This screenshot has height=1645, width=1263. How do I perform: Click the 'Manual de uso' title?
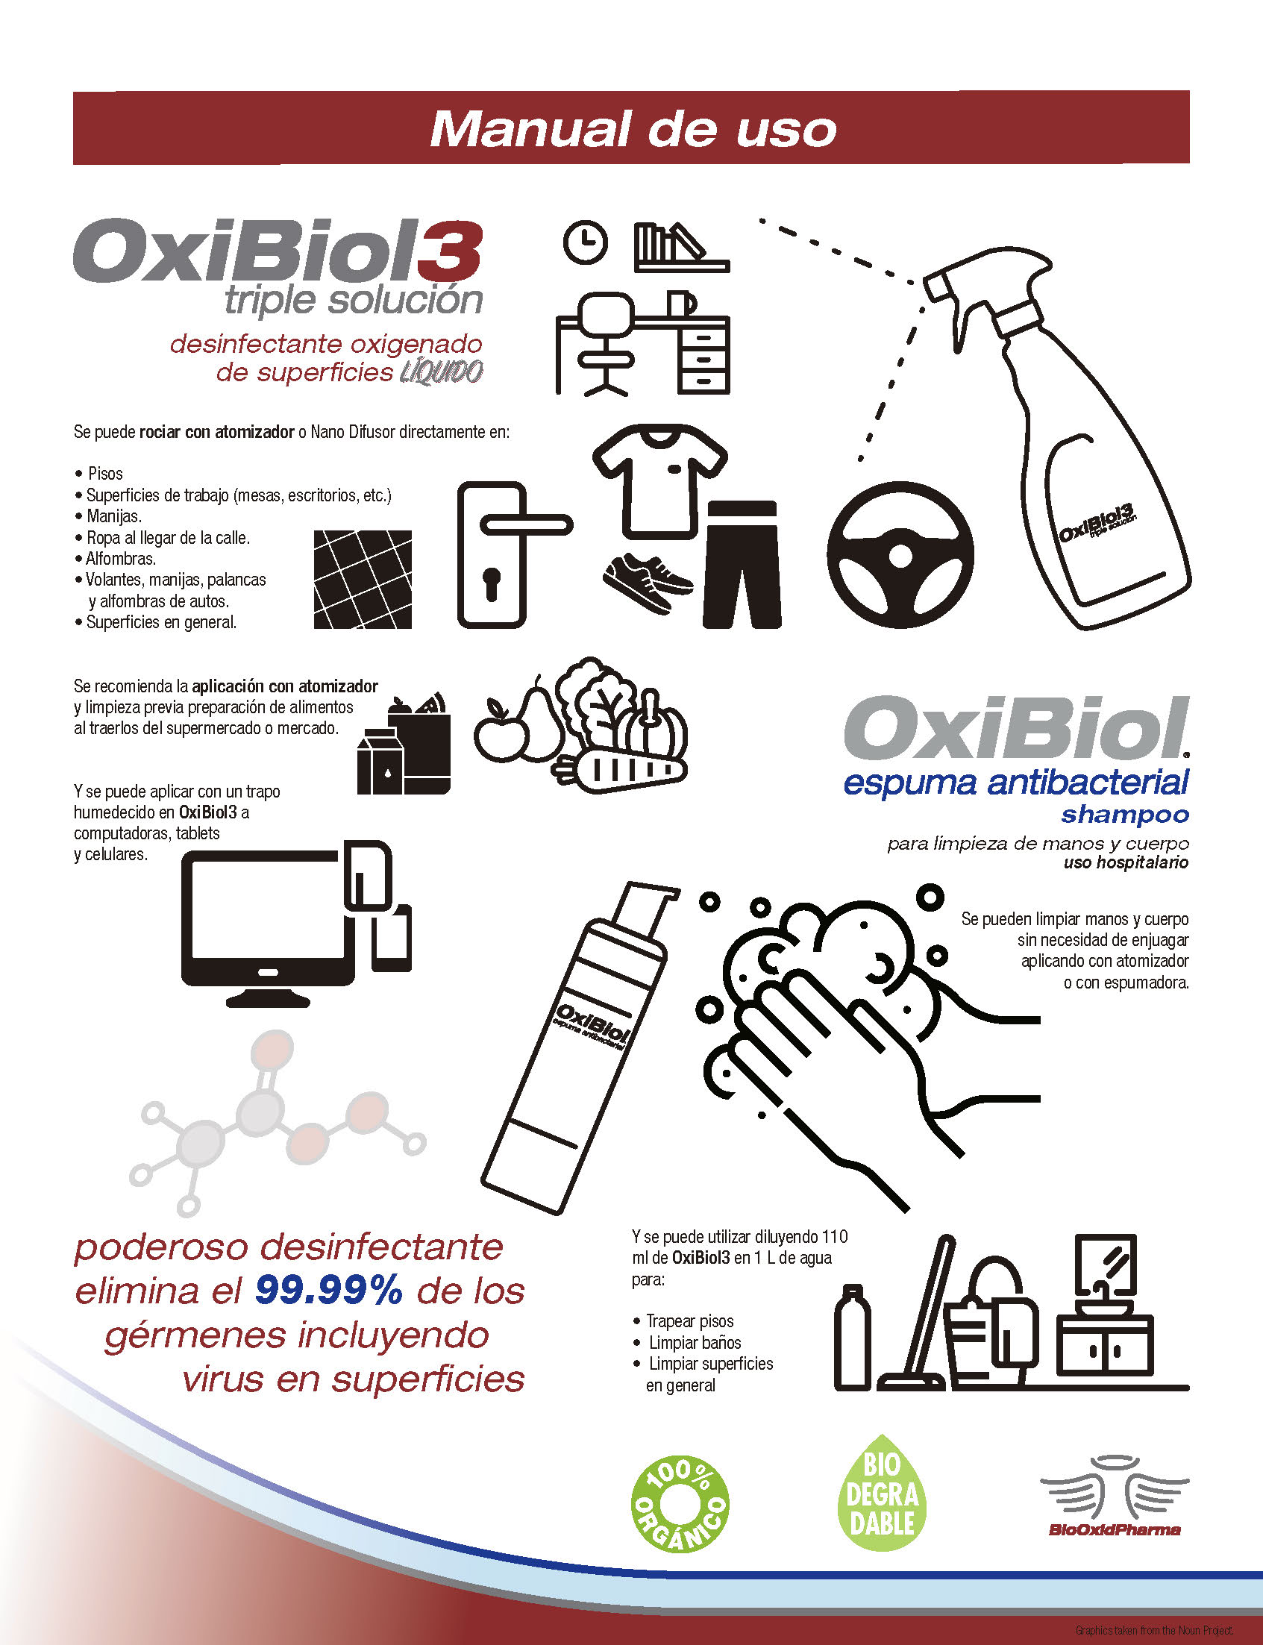coord(633,129)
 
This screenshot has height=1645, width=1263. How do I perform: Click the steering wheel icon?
coord(900,555)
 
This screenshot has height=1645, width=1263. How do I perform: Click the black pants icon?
coord(742,564)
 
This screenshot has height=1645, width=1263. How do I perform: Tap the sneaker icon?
coord(648,582)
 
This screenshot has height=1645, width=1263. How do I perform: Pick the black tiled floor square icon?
coord(363,579)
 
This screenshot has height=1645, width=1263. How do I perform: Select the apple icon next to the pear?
coord(500,730)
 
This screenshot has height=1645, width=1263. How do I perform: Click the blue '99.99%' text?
coord(329,1291)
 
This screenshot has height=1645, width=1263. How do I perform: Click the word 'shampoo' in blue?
coord(1125,814)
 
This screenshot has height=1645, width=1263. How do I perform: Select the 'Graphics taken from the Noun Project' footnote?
coord(1154,1630)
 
